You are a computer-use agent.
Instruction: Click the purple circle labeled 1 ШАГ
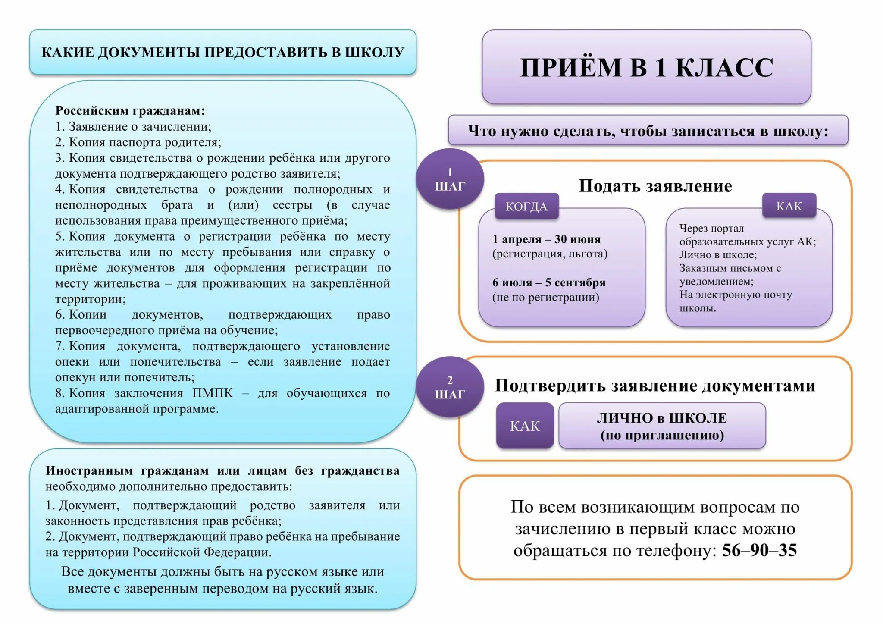pos(450,179)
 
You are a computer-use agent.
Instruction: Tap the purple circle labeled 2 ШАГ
pos(450,387)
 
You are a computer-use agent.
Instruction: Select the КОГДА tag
pos(526,207)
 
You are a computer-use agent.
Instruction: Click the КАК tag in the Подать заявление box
pos(789,206)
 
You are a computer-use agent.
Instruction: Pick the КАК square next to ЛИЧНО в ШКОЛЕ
pos(525,426)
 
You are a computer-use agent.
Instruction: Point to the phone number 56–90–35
pos(759,550)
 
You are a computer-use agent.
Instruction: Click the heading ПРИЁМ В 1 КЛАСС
pos(646,67)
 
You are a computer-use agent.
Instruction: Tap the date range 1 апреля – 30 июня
pos(546,239)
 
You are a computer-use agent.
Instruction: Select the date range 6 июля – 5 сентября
pos(549,282)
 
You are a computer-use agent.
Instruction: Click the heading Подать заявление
pos(655,186)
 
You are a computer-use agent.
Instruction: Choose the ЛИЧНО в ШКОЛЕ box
pos(662,426)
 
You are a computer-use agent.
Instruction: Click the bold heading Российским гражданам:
pos(130,111)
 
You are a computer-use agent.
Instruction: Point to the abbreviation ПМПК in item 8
pos(212,393)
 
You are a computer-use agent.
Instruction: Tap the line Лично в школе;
pos(718,255)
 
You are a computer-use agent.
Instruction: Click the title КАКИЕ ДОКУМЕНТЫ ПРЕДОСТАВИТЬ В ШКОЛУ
pos(222,52)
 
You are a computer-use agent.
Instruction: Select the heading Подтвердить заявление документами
pos(655,386)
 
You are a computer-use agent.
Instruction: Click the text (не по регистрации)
pos(545,297)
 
